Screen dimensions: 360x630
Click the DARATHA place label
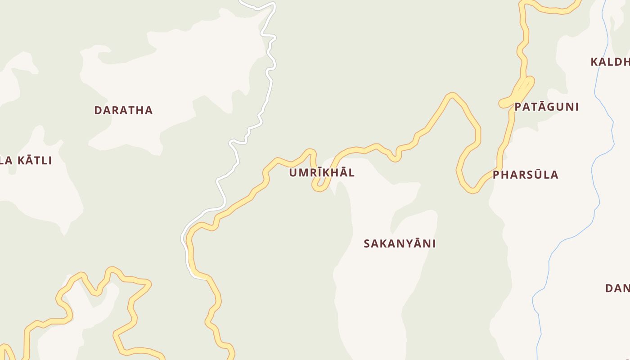(x=123, y=110)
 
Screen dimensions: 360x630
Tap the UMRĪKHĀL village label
(x=322, y=173)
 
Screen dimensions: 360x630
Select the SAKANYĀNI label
(x=400, y=243)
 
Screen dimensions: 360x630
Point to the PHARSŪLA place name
(x=526, y=175)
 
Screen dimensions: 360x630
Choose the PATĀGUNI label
(x=546, y=107)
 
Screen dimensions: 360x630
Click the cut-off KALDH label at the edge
(x=610, y=62)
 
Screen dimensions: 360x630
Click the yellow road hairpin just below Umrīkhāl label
(x=319, y=187)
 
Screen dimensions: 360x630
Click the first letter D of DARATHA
(x=98, y=110)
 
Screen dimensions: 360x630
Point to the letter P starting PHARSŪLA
(x=496, y=175)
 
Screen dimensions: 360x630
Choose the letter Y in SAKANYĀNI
(x=405, y=243)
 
